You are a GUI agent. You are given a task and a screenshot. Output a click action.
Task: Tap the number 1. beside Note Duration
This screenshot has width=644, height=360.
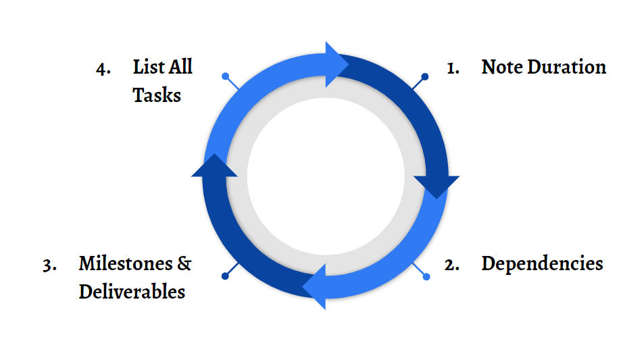tap(453, 68)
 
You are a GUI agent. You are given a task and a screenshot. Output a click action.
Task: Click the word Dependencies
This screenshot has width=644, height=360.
tap(542, 263)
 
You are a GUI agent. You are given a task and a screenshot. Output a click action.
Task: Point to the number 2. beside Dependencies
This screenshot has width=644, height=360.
tap(452, 265)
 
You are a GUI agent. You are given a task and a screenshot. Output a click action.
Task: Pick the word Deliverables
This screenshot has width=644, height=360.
tap(132, 292)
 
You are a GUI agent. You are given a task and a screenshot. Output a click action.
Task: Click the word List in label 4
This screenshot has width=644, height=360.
tap(147, 68)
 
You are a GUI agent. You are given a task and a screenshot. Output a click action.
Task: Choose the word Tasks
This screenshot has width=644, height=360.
tap(157, 95)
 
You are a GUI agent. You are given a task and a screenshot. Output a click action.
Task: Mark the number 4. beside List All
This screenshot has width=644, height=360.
tap(103, 68)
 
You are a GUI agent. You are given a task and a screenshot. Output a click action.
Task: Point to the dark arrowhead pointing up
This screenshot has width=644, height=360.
tap(214, 166)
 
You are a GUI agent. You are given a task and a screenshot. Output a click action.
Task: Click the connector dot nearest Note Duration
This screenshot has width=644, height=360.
tap(425, 76)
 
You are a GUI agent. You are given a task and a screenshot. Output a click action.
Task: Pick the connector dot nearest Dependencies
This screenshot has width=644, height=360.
tap(426, 276)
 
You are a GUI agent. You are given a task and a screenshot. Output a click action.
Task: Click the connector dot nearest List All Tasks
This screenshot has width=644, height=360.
tap(226, 76)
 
